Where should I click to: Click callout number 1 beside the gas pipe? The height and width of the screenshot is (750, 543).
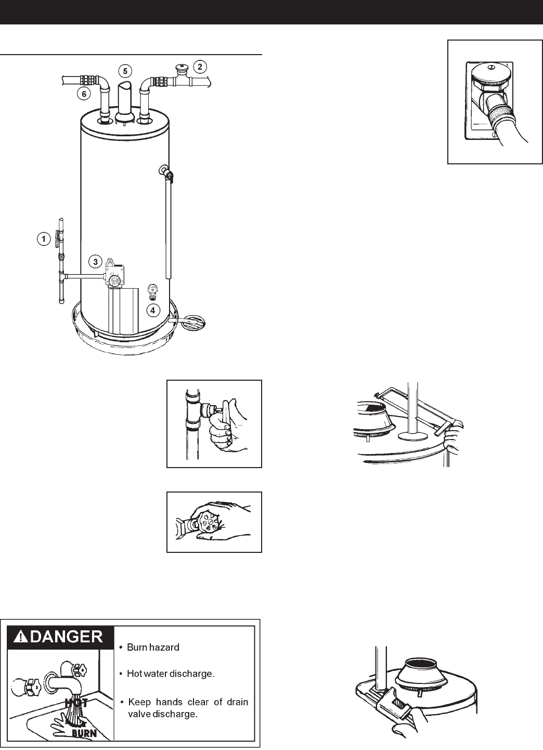(x=44, y=239)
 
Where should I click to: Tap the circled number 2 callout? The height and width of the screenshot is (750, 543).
(x=200, y=66)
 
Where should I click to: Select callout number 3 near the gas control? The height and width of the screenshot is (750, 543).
(x=95, y=262)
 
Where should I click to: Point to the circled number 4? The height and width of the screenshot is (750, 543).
(x=152, y=311)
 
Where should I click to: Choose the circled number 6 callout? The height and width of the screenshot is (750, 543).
(x=82, y=94)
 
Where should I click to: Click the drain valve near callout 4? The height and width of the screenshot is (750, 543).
(x=152, y=291)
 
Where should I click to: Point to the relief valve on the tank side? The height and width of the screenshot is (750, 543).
(x=166, y=172)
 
